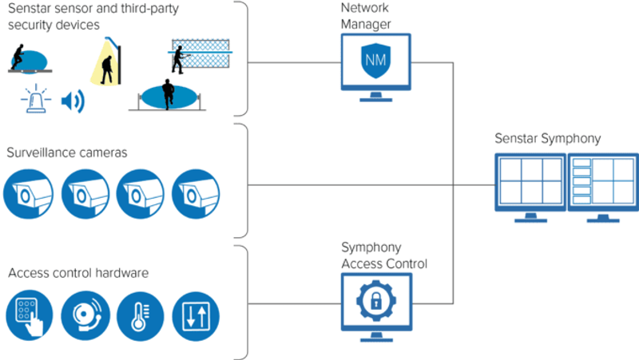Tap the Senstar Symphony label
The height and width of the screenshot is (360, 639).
pos(547,140)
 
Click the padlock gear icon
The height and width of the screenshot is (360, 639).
pos(375,299)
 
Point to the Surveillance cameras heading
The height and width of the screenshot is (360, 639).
pos(66,152)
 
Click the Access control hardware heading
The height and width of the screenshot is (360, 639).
pos(78,273)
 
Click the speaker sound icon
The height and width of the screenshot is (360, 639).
pos(73,101)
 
